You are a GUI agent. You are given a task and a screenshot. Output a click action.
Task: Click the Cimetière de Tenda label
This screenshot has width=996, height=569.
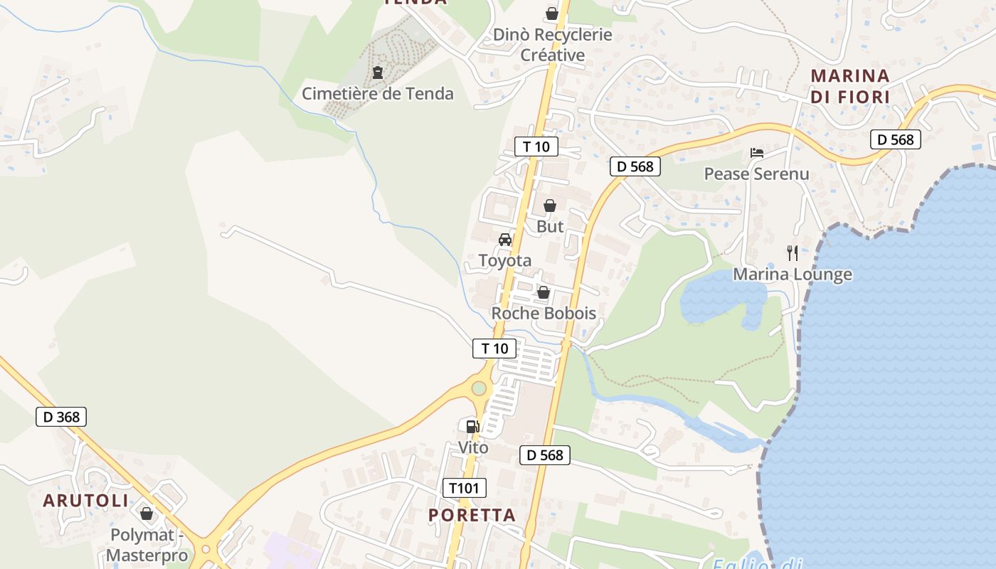(x=377, y=93)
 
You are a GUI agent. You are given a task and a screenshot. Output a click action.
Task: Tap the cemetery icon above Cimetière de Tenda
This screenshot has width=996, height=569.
(x=377, y=72)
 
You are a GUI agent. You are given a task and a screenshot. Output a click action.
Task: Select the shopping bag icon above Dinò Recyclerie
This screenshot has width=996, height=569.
(x=551, y=14)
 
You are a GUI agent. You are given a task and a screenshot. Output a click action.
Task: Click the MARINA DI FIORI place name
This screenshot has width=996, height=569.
(x=850, y=86)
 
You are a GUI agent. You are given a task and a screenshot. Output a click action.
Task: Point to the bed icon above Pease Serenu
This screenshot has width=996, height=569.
(x=756, y=153)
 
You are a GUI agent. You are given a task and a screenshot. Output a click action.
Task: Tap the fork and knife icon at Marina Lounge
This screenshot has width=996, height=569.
(x=793, y=252)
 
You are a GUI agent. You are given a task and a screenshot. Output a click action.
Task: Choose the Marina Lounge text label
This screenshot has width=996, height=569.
(x=793, y=274)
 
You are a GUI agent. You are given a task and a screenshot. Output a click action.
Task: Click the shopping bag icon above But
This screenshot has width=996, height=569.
(x=550, y=206)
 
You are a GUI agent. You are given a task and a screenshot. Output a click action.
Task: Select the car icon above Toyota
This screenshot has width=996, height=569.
(x=505, y=240)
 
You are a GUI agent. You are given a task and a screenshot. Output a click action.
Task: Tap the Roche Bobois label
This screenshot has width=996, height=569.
(x=544, y=313)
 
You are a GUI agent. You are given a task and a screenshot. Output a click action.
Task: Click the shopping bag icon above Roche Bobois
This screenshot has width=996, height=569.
(x=544, y=292)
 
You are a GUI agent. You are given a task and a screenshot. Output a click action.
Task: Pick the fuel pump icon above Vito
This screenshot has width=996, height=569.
(x=472, y=427)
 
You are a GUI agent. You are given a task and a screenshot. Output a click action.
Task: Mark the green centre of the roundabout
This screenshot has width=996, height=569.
(x=479, y=388)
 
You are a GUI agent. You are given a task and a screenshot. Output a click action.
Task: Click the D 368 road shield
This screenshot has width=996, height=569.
(x=61, y=417)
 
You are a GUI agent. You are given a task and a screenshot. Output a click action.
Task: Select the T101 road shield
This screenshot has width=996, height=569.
(x=465, y=488)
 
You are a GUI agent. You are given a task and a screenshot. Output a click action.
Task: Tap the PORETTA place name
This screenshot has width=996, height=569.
(x=472, y=515)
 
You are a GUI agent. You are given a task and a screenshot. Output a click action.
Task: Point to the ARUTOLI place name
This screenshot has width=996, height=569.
(x=86, y=501)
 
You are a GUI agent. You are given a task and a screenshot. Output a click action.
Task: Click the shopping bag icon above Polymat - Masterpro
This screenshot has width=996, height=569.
(x=147, y=514)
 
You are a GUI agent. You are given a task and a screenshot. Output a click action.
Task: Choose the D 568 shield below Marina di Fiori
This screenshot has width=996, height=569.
(x=896, y=139)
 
